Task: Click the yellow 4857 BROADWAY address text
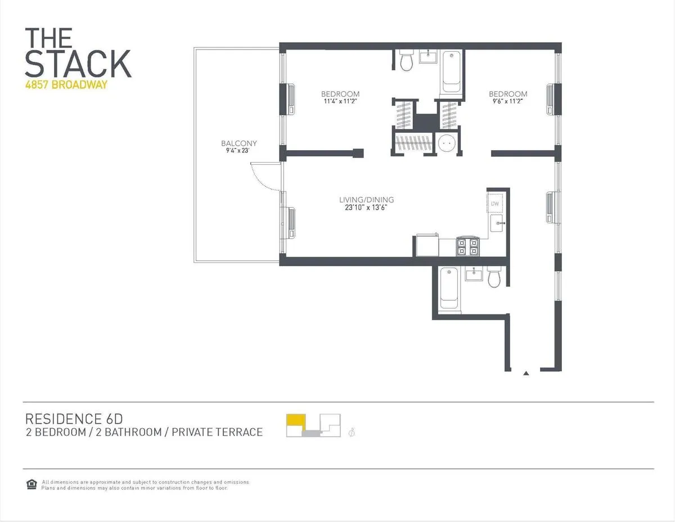click(66, 85)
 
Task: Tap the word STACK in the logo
click(78, 64)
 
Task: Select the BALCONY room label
click(238, 143)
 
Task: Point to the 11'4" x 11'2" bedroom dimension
click(340, 102)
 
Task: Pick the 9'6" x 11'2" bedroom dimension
click(508, 102)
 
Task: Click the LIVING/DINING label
click(366, 200)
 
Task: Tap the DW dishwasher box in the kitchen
click(496, 204)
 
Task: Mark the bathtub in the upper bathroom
click(451, 71)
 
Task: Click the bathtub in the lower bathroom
click(448, 288)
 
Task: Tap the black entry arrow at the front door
click(526, 372)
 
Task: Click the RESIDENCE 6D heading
click(74, 419)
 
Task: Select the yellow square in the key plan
click(295, 421)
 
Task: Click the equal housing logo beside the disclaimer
click(31, 484)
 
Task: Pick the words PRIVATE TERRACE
click(217, 432)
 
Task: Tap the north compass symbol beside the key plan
click(353, 432)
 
